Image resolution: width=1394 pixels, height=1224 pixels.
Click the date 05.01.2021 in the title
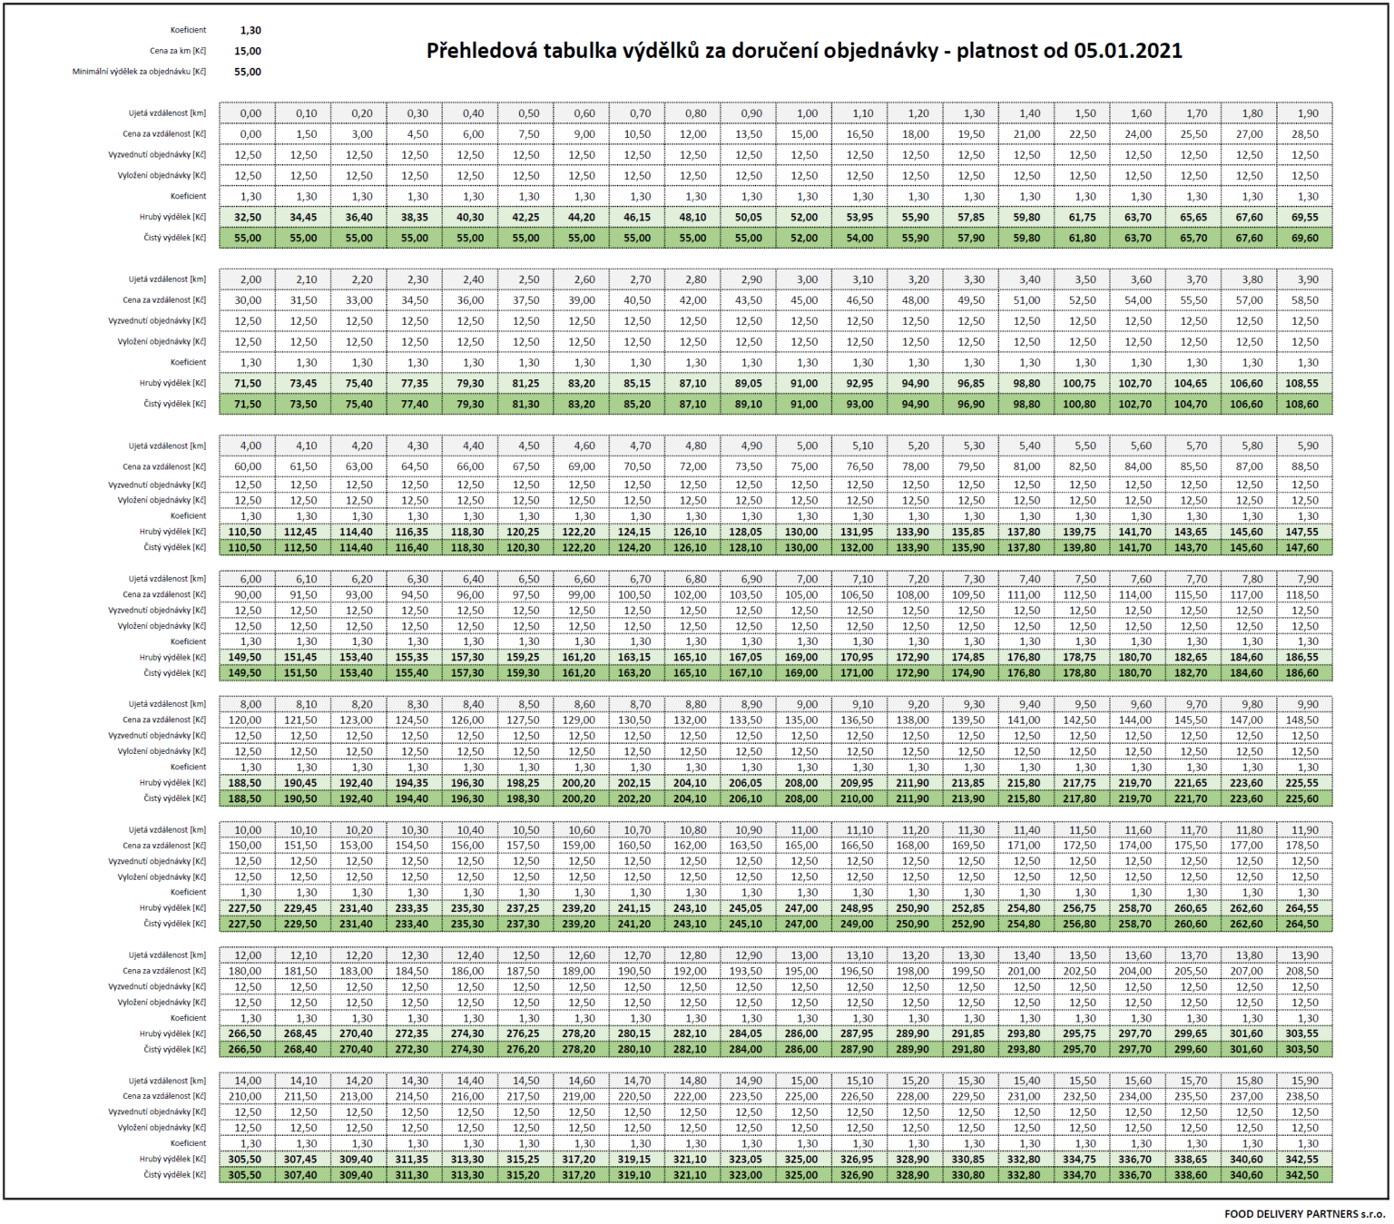(x=1128, y=50)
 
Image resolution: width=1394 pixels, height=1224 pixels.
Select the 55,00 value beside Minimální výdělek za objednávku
(x=248, y=72)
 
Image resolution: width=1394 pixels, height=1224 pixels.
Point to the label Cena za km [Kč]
(x=178, y=51)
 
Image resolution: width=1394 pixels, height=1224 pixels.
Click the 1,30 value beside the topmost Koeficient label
(x=251, y=30)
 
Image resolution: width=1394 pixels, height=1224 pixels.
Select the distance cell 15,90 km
(x=1304, y=1081)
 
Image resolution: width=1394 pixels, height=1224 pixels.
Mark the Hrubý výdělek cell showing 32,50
(x=248, y=217)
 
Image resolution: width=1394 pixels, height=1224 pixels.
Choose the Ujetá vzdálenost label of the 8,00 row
(x=167, y=704)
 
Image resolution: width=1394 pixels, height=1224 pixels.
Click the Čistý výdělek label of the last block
(x=175, y=1175)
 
